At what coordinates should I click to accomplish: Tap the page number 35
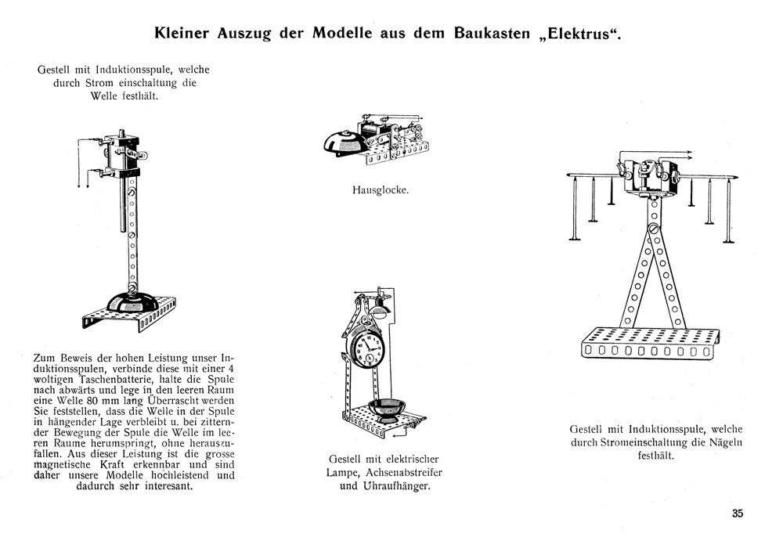click(x=737, y=514)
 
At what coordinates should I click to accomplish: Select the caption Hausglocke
click(x=381, y=189)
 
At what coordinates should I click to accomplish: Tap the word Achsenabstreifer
click(x=404, y=472)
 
